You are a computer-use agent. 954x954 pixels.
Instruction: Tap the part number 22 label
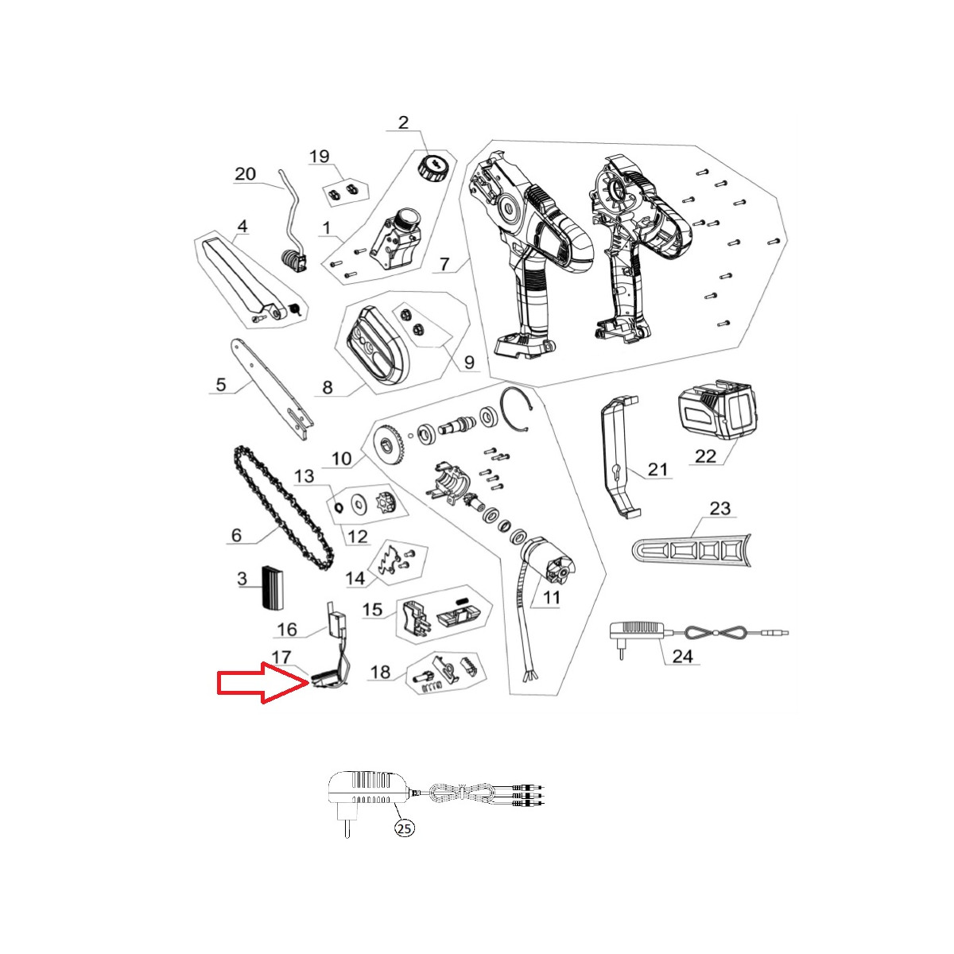pos(705,456)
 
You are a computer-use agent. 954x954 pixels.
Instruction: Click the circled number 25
pos(405,828)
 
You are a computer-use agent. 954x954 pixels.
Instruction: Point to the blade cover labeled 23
pos(692,549)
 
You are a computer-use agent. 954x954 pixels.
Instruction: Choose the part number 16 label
pos(287,630)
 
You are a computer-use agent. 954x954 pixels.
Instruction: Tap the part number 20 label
pos(245,174)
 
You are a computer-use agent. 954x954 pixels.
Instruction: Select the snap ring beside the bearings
pos(517,411)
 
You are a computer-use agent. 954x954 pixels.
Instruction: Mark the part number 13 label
pos(304,475)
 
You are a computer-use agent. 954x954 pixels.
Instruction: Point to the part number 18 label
pos(380,672)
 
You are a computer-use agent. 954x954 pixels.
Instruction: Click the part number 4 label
pos(242,227)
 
